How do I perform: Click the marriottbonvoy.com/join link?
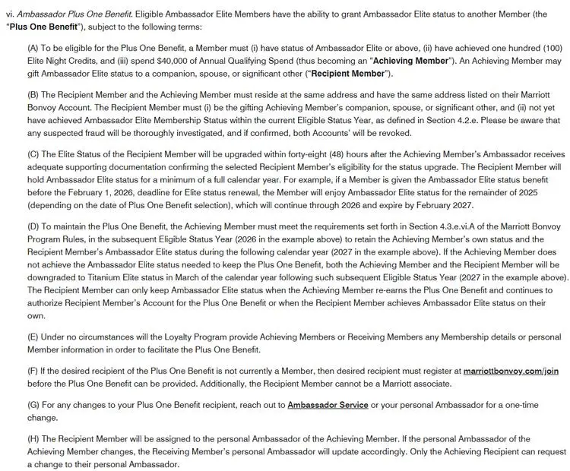point(511,370)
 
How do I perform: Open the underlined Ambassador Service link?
point(328,405)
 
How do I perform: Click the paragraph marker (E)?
point(33,337)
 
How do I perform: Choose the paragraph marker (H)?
point(33,439)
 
